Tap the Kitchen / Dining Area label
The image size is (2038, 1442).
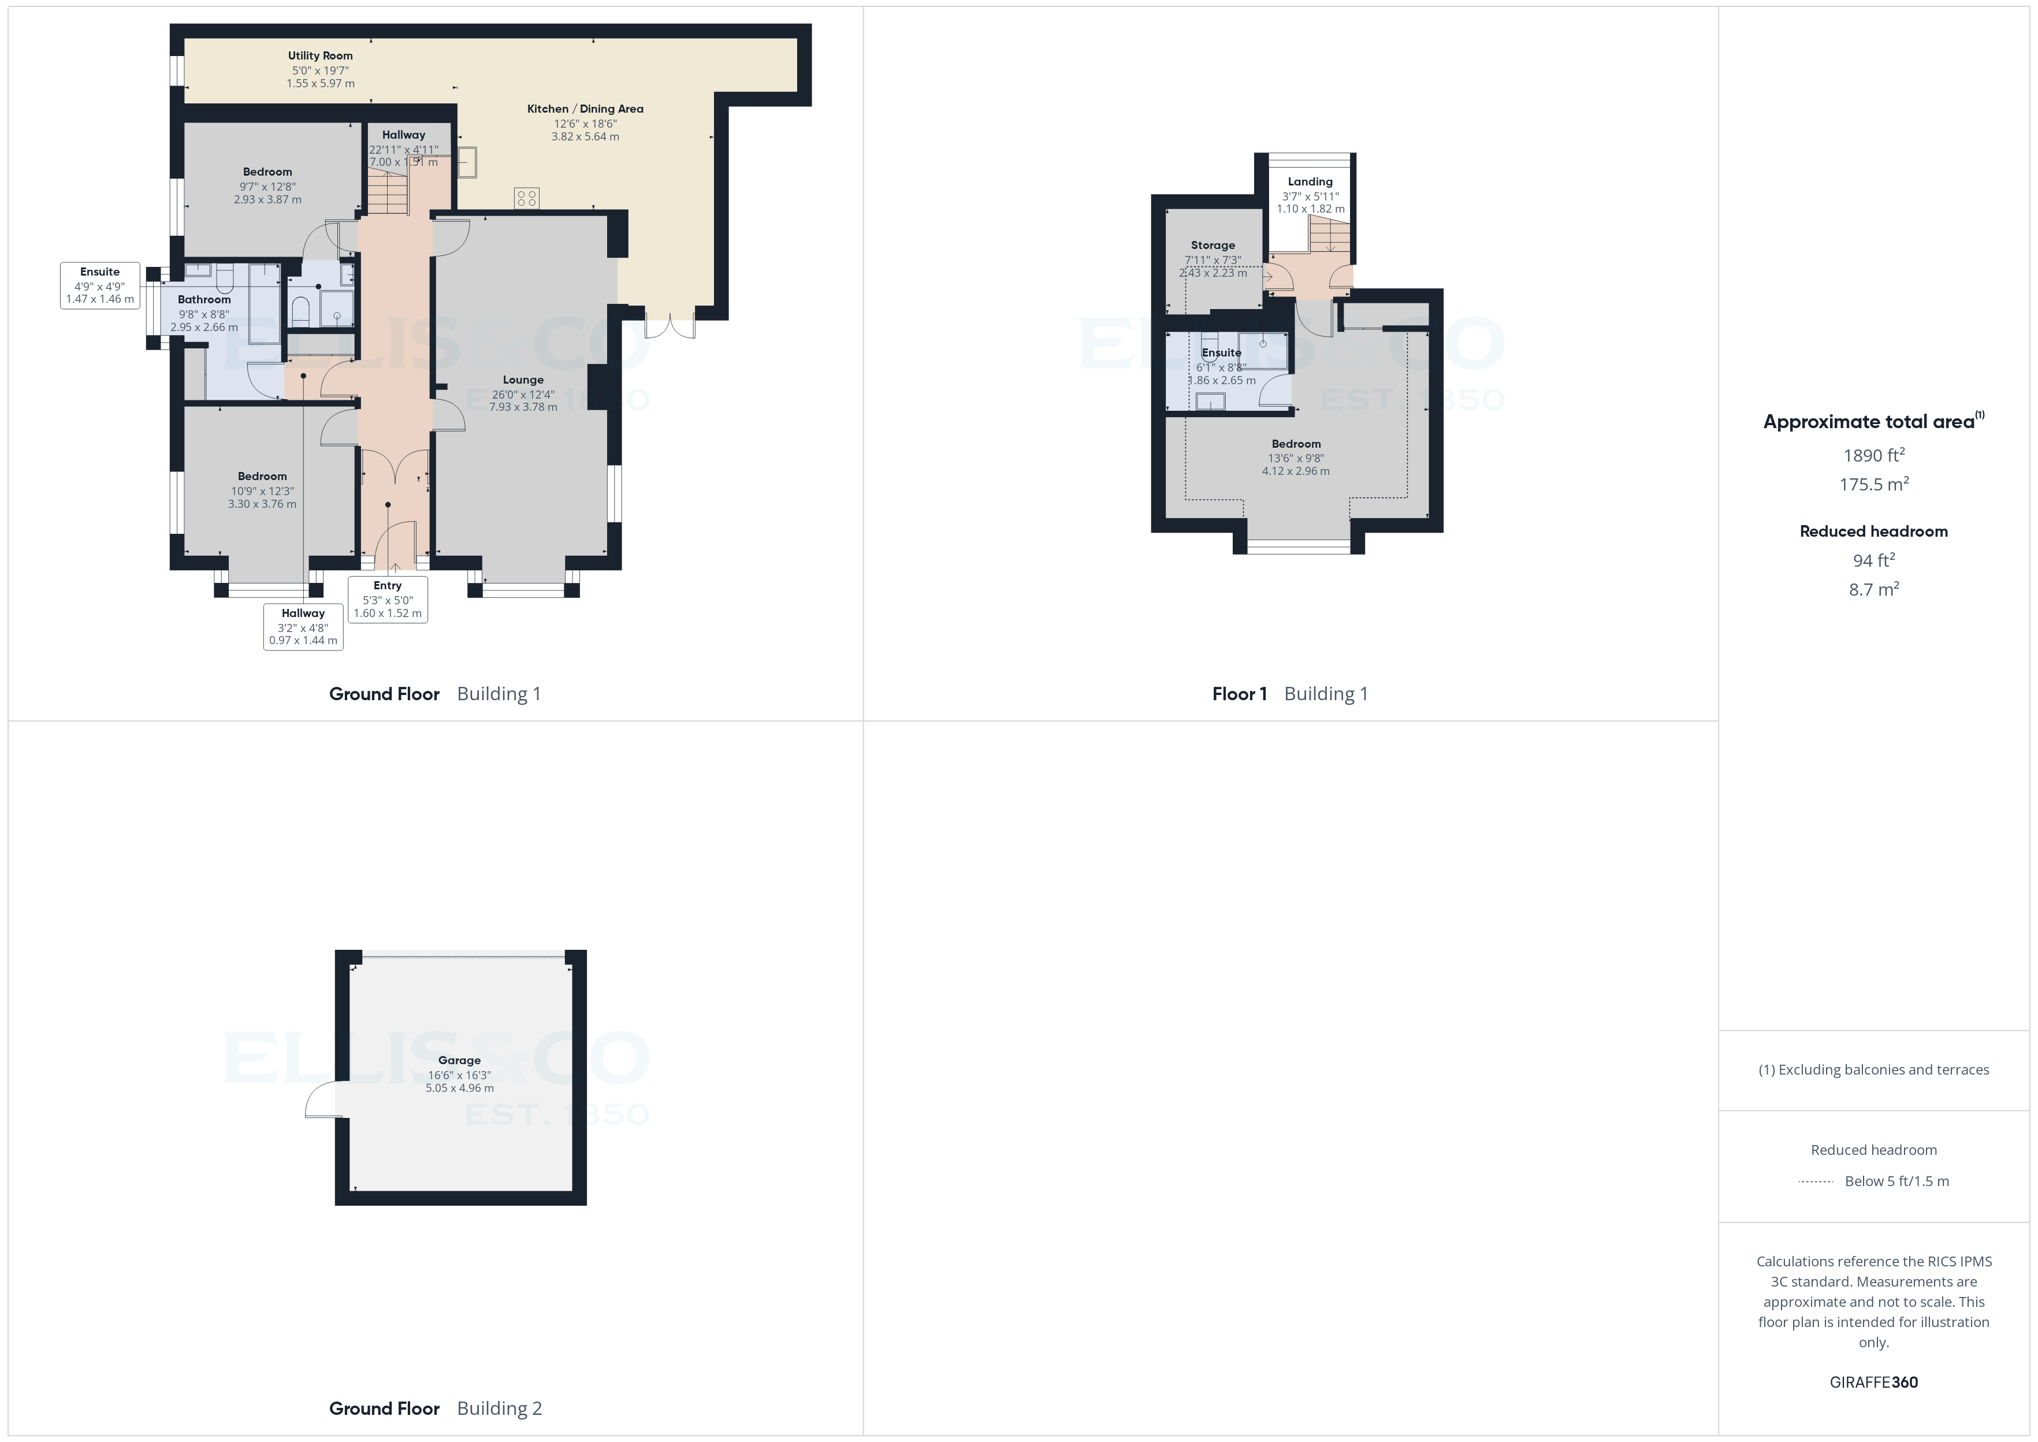[x=585, y=109]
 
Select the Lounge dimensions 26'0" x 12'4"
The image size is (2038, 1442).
[x=523, y=394]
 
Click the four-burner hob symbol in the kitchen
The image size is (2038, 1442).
[x=526, y=197]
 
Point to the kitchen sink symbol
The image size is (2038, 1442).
[x=467, y=162]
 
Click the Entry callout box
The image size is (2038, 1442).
[x=388, y=599]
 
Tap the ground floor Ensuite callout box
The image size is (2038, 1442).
[x=99, y=285]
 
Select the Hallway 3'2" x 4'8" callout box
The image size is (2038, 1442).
[x=303, y=627]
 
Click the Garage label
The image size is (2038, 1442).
[x=459, y=1060]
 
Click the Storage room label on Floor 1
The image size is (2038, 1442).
[x=1213, y=245]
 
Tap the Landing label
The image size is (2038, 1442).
[x=1310, y=181]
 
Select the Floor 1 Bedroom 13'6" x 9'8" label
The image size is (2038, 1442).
[x=1296, y=444]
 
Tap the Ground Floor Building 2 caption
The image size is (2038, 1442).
[x=435, y=1408]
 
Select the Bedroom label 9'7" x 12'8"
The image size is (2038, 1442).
[x=267, y=172]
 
